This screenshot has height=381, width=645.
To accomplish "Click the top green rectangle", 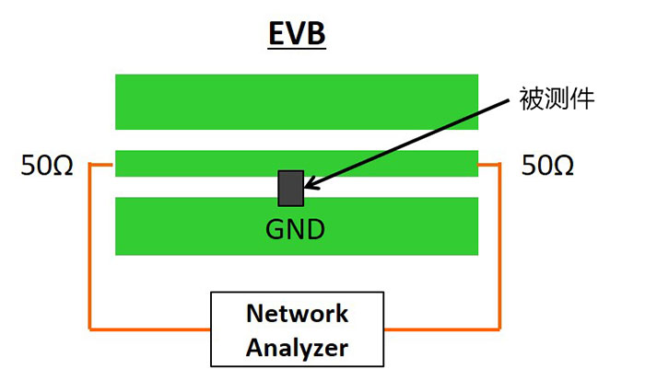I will click(x=296, y=101).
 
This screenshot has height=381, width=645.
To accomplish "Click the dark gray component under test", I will click(x=291, y=188).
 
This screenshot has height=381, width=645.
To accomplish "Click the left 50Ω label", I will click(x=47, y=166).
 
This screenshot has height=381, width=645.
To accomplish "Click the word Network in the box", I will click(x=297, y=313).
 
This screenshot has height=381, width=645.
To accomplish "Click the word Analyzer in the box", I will click(x=297, y=348).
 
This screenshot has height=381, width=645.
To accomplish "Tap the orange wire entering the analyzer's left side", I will click(x=152, y=327).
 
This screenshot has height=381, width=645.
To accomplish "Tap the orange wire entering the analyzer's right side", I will click(x=440, y=327).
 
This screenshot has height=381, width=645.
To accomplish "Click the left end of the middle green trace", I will click(x=120, y=163).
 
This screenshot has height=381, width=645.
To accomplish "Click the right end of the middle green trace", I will click(x=473, y=163).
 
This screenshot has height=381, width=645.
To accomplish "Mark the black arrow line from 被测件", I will click(x=415, y=138).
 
